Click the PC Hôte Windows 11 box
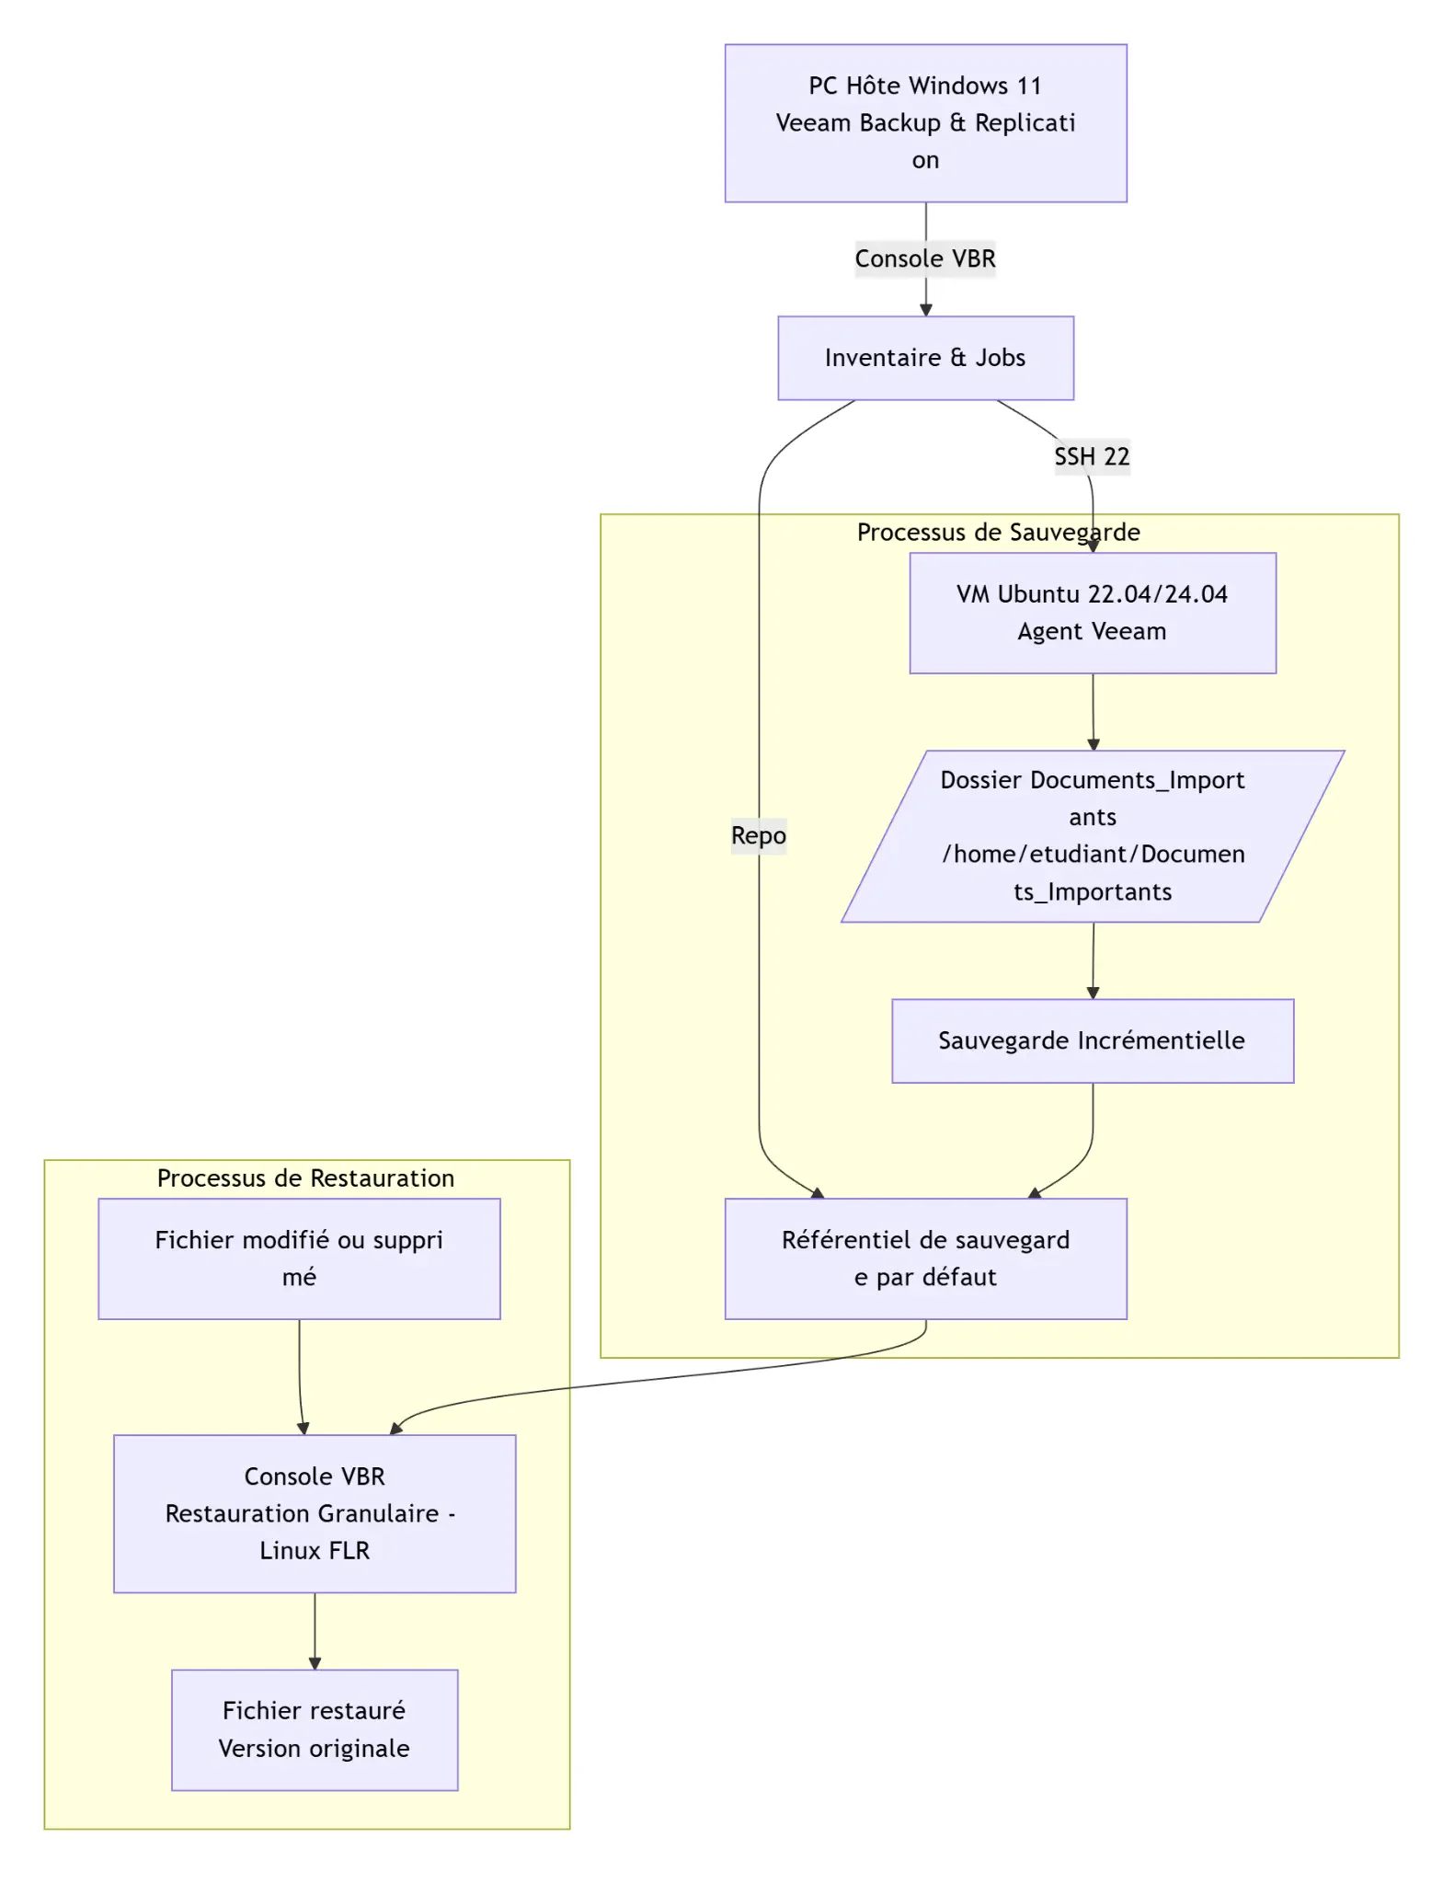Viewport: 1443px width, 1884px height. click(925, 122)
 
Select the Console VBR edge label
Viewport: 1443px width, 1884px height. click(925, 258)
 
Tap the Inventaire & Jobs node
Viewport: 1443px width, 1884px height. click(925, 358)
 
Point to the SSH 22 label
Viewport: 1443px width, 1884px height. click(1092, 456)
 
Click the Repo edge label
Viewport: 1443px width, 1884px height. click(759, 835)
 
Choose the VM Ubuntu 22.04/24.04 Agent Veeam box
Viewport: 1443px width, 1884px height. click(1093, 613)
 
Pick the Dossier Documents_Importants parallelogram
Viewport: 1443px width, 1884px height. click(1093, 835)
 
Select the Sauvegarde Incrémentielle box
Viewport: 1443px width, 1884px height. click(1093, 1040)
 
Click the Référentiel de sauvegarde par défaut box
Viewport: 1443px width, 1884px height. click(925, 1258)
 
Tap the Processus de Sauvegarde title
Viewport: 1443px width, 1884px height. click(999, 532)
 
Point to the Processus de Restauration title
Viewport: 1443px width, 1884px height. click(305, 1177)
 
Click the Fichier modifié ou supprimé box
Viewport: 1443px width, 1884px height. click(299, 1258)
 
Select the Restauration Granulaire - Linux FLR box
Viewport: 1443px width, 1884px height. click(315, 1512)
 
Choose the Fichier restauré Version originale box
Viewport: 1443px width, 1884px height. click(315, 1729)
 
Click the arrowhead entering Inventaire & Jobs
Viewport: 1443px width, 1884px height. click(925, 310)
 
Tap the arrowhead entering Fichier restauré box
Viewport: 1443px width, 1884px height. click(315, 1663)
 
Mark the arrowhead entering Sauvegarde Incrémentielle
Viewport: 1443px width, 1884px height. click(1093, 993)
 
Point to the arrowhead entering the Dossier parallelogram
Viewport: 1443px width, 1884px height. click(1093, 744)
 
